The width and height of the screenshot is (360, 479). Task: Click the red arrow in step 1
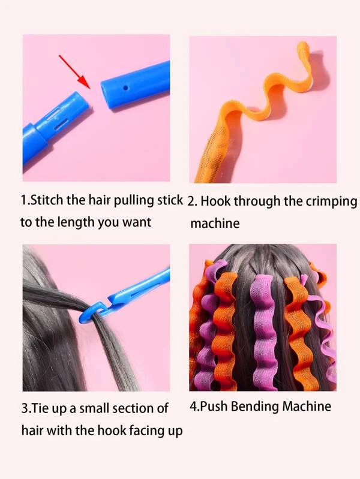[74, 71]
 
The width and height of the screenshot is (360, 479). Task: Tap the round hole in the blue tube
[125, 88]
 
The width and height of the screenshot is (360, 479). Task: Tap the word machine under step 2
[215, 223]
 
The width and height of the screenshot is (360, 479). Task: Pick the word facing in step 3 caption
[147, 431]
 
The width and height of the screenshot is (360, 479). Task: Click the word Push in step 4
[214, 406]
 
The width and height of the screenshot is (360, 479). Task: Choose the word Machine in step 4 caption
[307, 406]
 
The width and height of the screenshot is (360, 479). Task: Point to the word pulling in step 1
[134, 201]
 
